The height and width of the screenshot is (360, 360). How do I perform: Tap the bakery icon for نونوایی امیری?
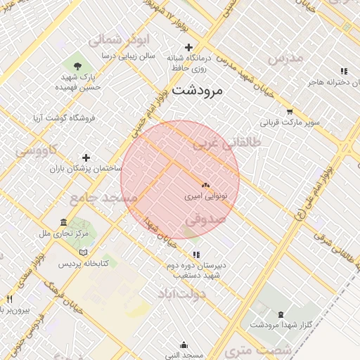click(x=205, y=185)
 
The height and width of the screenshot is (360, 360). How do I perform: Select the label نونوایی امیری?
click(x=205, y=198)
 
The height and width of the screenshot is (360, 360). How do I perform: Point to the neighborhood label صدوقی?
click(x=205, y=219)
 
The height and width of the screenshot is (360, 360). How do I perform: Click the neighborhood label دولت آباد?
click(x=181, y=293)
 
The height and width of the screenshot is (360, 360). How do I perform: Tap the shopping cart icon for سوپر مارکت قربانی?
click(x=290, y=112)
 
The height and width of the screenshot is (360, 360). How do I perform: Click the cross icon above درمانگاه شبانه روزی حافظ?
click(x=189, y=47)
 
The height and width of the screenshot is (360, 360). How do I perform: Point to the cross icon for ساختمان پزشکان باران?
click(x=86, y=157)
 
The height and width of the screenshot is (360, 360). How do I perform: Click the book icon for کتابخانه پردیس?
click(x=84, y=252)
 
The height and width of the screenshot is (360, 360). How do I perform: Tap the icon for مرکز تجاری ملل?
click(x=64, y=221)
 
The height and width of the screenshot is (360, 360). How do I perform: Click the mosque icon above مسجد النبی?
click(x=185, y=345)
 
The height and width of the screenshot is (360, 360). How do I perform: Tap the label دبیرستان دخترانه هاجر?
click(x=333, y=82)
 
